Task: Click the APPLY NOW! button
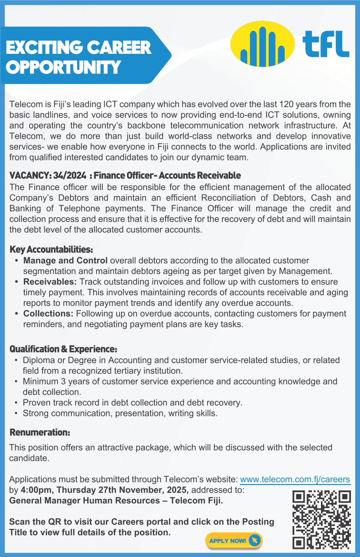coord(234,540)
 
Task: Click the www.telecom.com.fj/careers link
coord(295,479)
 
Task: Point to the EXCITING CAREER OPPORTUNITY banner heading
coord(79,57)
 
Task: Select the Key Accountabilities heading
coord(51,250)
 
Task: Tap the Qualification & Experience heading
coord(63,349)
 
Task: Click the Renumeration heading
coord(40,433)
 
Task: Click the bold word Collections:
coord(48,314)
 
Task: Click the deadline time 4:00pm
coord(35,490)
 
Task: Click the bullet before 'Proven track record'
coord(17,403)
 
